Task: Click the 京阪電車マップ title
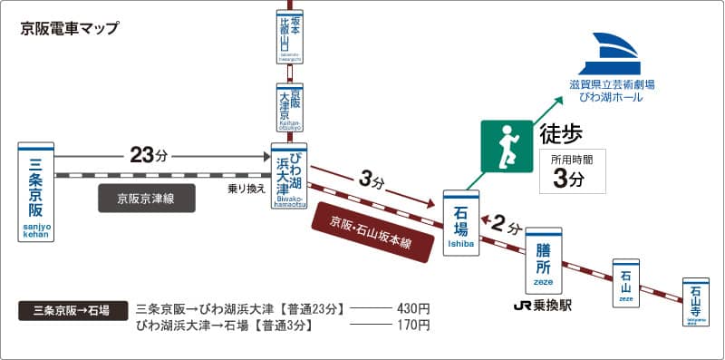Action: (69, 28)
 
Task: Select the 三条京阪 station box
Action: (36, 192)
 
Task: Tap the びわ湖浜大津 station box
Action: (290, 177)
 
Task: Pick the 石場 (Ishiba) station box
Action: (460, 223)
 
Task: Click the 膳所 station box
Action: (544, 255)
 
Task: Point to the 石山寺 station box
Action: (695, 303)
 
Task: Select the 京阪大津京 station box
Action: (290, 108)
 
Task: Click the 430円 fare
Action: (412, 308)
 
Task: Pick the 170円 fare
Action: (412, 325)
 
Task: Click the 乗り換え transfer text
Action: (246, 190)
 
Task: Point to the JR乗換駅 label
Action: (543, 305)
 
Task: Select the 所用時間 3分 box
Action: (572, 171)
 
